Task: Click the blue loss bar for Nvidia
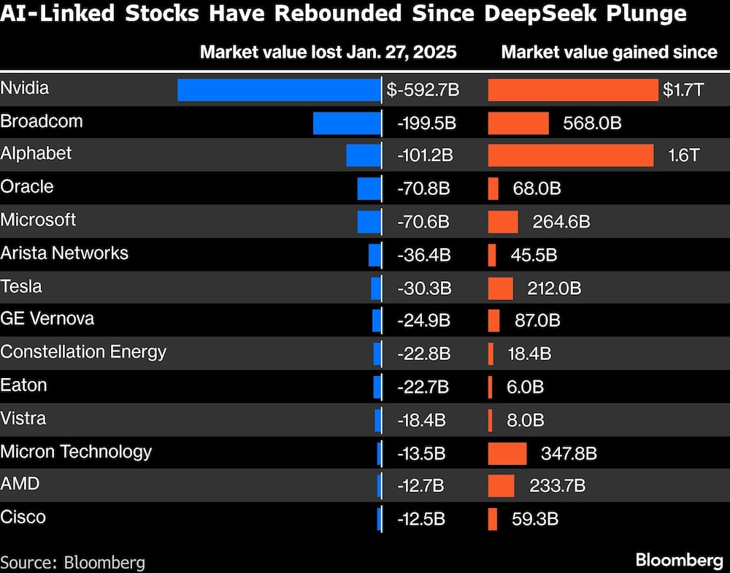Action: [279, 90]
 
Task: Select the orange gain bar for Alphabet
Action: [570, 155]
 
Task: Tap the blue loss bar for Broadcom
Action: [347, 123]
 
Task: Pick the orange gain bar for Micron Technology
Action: [507, 453]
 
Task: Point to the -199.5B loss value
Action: [426, 123]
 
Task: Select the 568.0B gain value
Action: [592, 123]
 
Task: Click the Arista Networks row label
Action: [64, 253]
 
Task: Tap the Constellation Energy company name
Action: [83, 352]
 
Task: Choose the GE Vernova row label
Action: [47, 319]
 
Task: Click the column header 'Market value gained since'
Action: [609, 52]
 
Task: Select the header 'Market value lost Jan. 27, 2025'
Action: [328, 52]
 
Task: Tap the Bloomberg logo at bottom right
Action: [679, 560]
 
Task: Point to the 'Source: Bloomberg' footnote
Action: [72, 563]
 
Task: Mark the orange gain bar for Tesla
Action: [500, 288]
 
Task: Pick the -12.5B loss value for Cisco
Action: [420, 519]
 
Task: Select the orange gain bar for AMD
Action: [501, 486]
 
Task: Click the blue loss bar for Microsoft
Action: [369, 222]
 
